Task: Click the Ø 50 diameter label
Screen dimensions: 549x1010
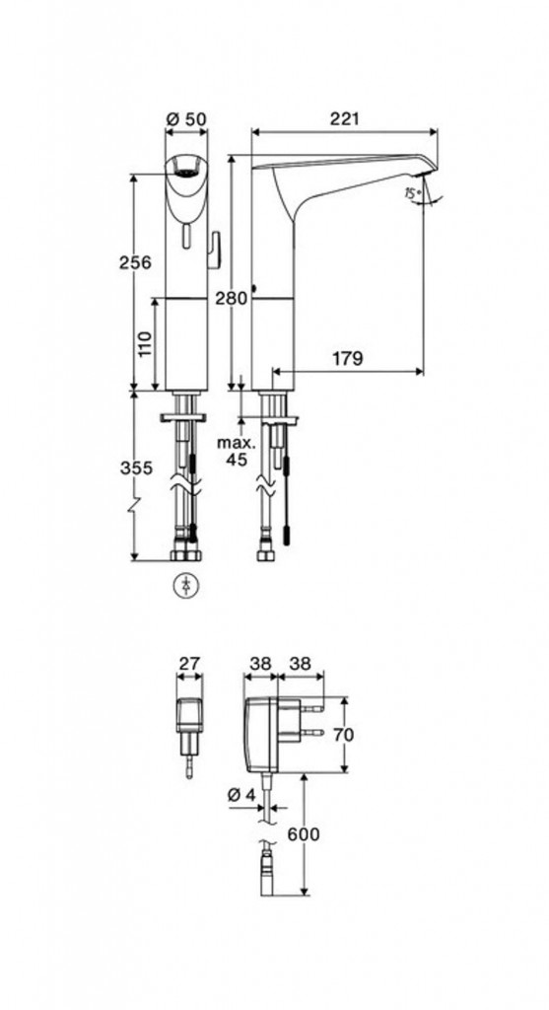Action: (x=186, y=119)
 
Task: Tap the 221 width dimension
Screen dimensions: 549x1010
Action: (x=344, y=119)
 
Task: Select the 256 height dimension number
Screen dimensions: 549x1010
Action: (x=135, y=262)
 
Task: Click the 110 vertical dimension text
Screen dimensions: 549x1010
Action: (x=144, y=343)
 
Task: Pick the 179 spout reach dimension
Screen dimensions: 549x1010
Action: (x=348, y=359)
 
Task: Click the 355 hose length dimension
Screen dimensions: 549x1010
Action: (x=136, y=469)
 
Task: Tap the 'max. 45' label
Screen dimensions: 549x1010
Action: (x=237, y=451)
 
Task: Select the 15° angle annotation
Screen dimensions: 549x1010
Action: (x=413, y=191)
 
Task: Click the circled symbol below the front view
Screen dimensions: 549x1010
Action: (x=187, y=585)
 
